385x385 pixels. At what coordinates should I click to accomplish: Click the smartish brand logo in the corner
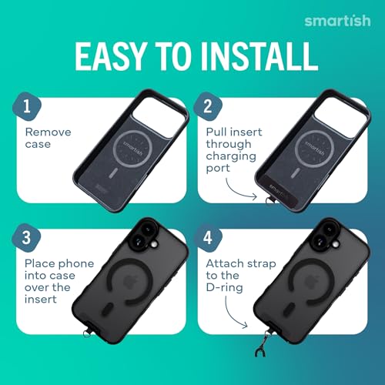337,21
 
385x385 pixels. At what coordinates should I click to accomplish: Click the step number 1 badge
27,106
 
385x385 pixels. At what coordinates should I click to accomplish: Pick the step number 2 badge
208,106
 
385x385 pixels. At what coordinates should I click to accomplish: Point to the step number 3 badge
26,238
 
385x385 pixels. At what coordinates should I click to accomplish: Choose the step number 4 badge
208,238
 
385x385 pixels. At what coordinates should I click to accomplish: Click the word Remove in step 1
49,132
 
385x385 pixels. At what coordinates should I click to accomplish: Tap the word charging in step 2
231,157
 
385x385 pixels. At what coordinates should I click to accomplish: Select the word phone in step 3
76,264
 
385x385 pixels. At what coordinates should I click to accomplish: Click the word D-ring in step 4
224,288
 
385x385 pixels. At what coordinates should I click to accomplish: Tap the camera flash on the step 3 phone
154,244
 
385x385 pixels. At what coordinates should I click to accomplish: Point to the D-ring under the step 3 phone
87,333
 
